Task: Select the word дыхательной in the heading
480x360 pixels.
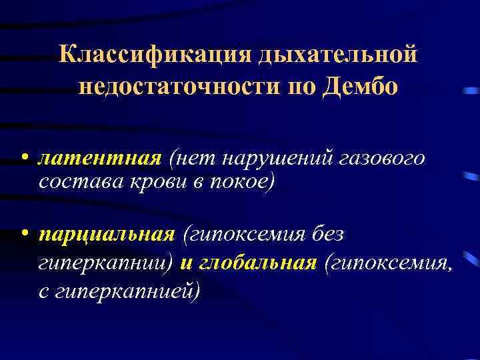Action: (333, 55)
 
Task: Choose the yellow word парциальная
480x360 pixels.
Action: (107, 235)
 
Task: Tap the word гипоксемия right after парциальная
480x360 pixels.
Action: (251, 235)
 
